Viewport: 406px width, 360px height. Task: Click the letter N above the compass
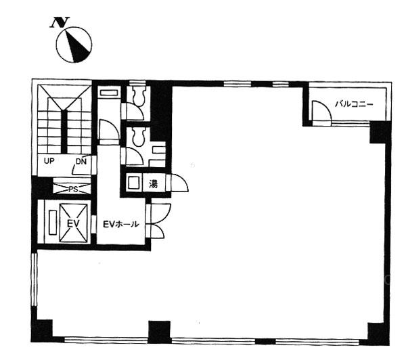60,22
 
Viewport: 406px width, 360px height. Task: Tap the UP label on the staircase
49,161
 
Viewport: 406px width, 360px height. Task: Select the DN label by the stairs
81,162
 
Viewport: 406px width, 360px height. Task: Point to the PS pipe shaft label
73,189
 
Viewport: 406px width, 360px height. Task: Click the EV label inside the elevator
73,223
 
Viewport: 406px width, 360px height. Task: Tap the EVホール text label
121,224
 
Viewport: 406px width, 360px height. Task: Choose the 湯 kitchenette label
154,184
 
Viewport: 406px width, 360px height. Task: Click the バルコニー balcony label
354,104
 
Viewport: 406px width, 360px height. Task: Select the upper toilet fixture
139,95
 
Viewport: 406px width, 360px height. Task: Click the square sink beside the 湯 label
134,183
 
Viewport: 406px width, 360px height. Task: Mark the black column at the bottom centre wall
160,332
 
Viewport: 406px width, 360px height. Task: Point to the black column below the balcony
380,132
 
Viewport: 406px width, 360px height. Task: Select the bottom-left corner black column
42,331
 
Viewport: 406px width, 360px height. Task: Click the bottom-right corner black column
379,334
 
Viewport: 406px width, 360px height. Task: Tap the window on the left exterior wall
35,279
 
